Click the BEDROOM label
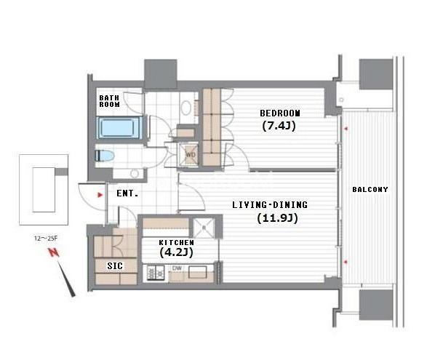[280, 113]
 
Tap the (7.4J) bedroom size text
[279, 126]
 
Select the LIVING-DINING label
[270, 205]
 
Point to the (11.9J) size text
[277, 218]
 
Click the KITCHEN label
[177, 242]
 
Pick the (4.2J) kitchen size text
[177, 252]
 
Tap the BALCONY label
[370, 189]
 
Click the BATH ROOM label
[109, 101]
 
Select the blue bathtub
[119, 127]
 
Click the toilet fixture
[105, 156]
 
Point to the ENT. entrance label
[127, 193]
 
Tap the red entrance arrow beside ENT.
[100, 195]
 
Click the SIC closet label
[115, 265]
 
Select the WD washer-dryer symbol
[191, 155]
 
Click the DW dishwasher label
[177, 268]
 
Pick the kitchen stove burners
[156, 273]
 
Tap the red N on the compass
[54, 252]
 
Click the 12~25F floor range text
[46, 239]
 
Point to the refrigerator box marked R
[204, 228]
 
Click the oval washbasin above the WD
[186, 108]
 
